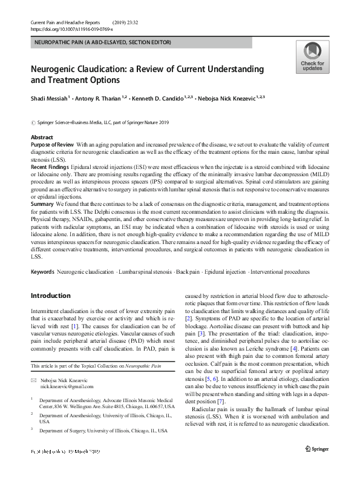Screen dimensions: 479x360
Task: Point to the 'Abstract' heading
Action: click(42, 137)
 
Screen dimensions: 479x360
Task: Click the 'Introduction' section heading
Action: click(50, 296)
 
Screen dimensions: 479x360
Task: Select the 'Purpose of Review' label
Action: click(52, 146)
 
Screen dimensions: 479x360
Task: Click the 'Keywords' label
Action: click(42, 273)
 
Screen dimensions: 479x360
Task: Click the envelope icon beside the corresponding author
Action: click(33, 378)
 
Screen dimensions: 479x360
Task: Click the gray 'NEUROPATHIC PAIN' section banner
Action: click(103, 42)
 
